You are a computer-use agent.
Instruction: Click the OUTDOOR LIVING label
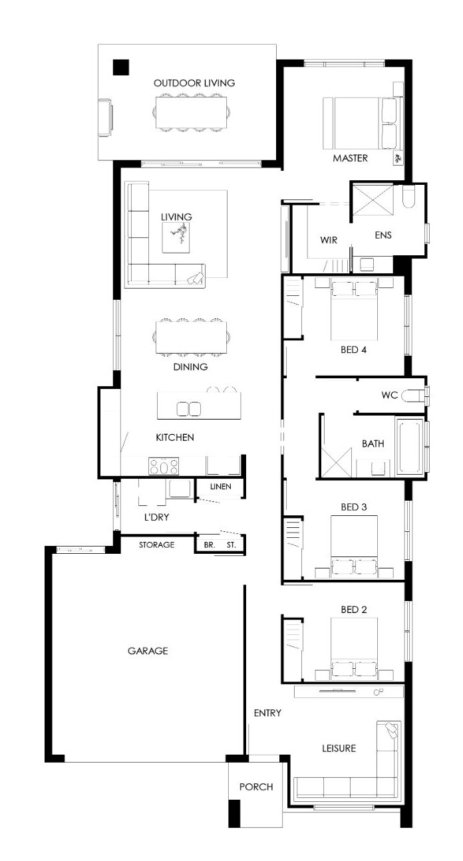coord(194,83)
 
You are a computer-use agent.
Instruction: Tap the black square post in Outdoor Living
coord(121,67)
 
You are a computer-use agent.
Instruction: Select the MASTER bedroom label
coord(351,158)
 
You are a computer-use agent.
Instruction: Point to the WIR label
coord(329,240)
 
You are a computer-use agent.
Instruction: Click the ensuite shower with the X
coord(373,200)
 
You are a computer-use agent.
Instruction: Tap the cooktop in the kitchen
coord(164,466)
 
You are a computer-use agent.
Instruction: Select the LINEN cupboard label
coord(221,487)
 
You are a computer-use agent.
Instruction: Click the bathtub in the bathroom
coord(410,447)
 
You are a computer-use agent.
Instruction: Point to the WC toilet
coord(412,396)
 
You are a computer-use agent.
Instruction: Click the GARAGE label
coord(148,651)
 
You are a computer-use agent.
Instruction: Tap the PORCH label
coord(256,787)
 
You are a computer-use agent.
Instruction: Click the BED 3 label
coord(354,507)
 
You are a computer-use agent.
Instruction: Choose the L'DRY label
coord(156,517)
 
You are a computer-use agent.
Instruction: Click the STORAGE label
coord(156,545)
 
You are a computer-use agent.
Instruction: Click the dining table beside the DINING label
coord(191,337)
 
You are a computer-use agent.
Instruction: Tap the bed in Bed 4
coord(354,311)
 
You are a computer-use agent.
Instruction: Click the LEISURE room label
coord(339,749)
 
